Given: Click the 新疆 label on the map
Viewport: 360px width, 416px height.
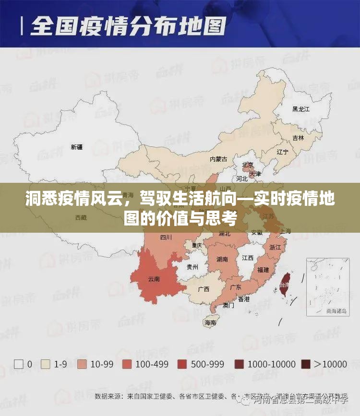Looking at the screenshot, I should tap(77, 147).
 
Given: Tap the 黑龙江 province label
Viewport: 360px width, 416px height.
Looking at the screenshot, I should tap(301, 109).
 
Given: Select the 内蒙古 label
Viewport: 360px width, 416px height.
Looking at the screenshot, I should tap(218, 159).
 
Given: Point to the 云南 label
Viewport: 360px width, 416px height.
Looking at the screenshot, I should tap(154, 279).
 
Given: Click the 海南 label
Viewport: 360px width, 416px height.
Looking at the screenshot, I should tap(210, 322).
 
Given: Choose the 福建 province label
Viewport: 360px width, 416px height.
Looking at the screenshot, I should tap(263, 270).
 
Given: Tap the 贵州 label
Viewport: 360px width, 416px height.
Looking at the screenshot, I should tap(192, 267).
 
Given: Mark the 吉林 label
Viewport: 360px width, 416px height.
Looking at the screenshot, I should tap(298, 138).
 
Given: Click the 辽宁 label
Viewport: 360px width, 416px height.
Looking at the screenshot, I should tap(283, 152).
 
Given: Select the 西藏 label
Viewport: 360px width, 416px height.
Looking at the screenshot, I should tap(81, 217).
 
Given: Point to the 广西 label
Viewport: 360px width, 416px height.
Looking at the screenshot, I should tap(204, 289).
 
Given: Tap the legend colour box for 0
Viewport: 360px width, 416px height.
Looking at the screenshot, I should tap(19, 364).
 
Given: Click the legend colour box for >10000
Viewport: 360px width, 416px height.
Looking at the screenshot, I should tap(306, 364).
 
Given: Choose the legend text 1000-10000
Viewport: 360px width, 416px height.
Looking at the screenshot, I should tap(272, 364).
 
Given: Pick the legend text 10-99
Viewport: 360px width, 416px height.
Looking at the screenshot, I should tap(102, 364).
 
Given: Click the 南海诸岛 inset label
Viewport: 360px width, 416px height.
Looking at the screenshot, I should tap(337, 310).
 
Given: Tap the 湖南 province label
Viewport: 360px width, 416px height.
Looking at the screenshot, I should tap(222, 259).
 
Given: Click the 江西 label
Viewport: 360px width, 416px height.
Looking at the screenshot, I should tap(248, 258).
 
